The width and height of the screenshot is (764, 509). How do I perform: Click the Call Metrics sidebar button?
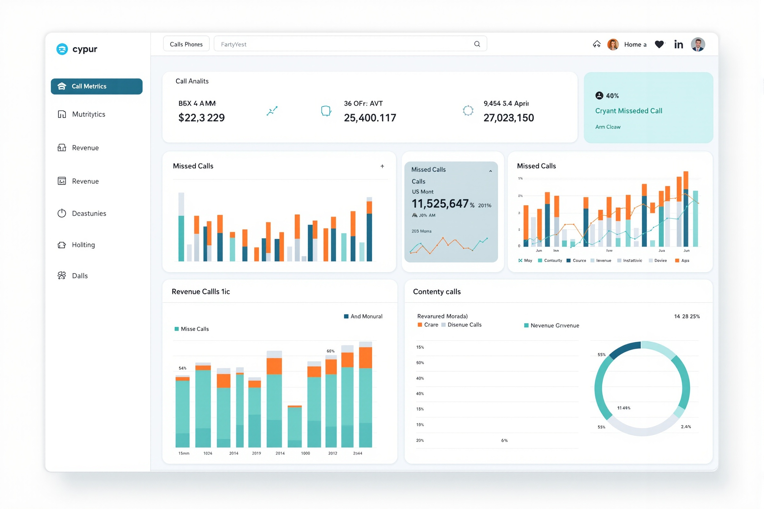coord(96,86)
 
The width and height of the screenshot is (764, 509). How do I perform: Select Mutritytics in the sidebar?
coord(88,114)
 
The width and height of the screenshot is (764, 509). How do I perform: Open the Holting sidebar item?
coord(83,245)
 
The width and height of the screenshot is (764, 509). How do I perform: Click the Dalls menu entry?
coord(80,276)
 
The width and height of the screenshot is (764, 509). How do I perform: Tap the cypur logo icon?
coord(62,49)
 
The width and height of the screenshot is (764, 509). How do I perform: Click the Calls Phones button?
coord(186,44)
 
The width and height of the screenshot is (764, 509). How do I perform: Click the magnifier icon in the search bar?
coord(477,44)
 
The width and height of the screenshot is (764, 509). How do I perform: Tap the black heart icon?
coord(659,44)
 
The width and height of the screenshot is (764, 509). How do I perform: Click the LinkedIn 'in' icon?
coord(678,44)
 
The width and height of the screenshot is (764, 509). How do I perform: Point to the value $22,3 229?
coord(201,117)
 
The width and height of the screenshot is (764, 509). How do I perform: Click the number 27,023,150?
coord(508,117)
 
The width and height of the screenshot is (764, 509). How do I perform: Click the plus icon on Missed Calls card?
coord(382,166)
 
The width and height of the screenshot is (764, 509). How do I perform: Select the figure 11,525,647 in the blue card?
coord(440,203)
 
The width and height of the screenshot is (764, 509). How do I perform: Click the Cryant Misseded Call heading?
coord(628,111)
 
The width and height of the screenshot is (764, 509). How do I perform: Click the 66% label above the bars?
coord(330,351)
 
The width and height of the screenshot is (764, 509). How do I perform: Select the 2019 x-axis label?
coord(256,453)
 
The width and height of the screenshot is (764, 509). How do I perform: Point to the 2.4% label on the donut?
coord(686,426)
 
